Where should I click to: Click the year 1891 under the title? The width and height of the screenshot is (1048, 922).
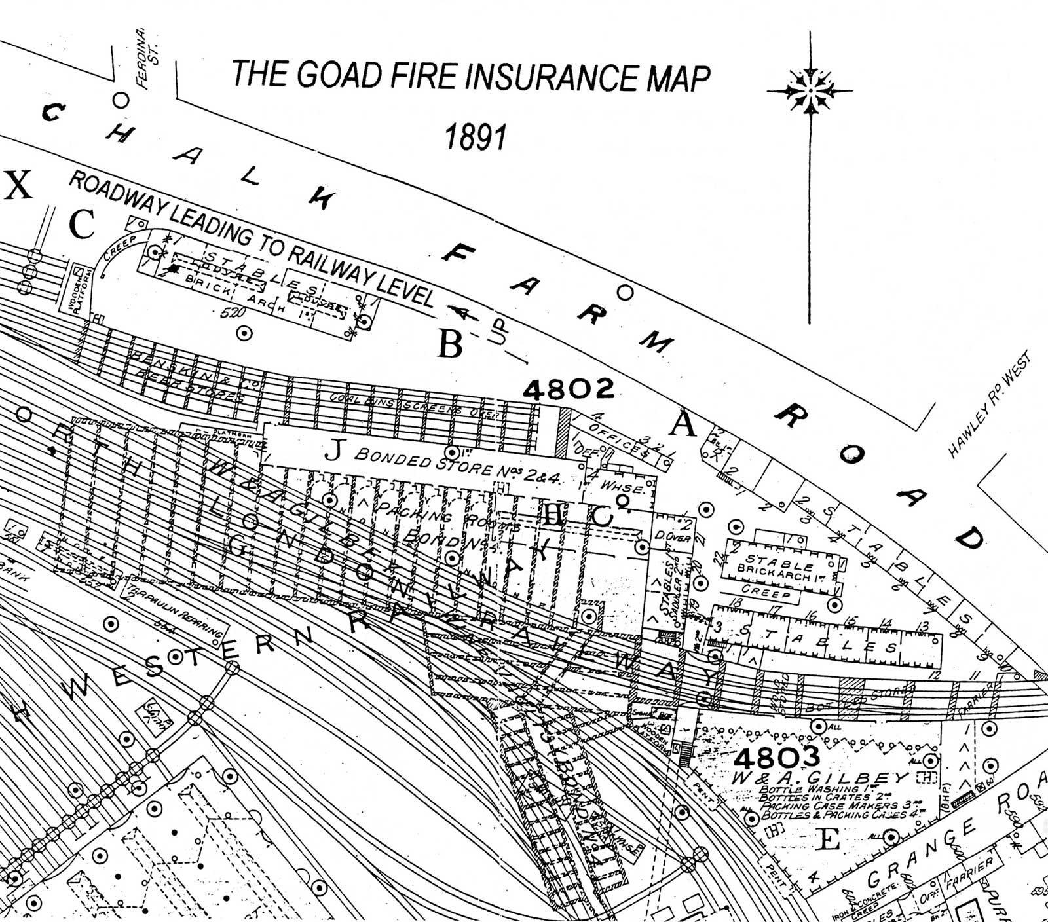476,137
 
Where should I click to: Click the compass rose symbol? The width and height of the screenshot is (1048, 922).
810,90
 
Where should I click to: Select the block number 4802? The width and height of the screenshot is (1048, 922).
569,390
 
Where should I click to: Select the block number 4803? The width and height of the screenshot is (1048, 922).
776,758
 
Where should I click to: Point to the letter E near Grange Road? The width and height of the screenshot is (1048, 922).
829,839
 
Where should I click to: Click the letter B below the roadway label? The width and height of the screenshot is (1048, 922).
451,344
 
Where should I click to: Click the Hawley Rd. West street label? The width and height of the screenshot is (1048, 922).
989,404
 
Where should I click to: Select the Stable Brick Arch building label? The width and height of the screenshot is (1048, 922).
779,564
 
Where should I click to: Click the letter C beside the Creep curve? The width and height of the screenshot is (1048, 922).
83,225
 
